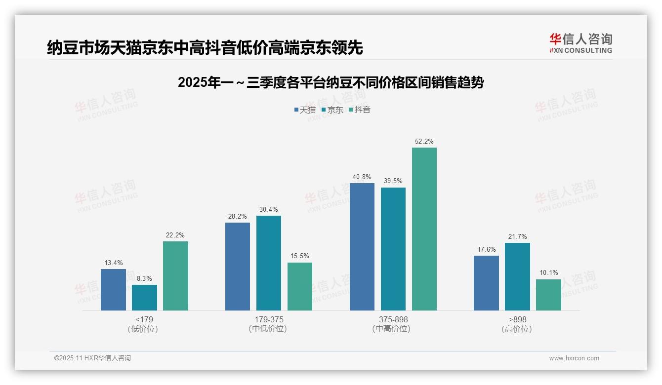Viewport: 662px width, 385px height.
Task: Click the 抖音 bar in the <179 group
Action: (175, 276)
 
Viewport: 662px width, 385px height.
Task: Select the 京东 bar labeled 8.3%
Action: (144, 298)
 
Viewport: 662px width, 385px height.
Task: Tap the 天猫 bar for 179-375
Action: (238, 267)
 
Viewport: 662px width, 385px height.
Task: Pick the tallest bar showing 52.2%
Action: (424, 229)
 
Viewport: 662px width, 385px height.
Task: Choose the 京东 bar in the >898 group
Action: (517, 276)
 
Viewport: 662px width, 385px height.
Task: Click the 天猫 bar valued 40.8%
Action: (362, 247)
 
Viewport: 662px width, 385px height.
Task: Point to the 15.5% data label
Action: (300, 256)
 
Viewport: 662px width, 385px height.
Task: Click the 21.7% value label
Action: (517, 237)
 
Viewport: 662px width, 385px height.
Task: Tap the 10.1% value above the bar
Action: (548, 273)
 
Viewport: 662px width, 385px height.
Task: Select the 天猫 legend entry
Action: (305, 110)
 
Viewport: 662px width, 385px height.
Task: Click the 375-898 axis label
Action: (393, 319)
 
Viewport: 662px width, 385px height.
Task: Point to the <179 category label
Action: (144, 319)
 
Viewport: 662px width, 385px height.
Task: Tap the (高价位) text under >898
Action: (517, 329)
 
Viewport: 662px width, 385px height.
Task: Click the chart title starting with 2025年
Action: (331, 82)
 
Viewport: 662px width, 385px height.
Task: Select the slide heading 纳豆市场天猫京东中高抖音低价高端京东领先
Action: (205, 47)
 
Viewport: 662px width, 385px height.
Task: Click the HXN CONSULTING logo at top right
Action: (580, 43)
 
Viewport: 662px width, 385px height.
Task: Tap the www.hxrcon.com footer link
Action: (574, 358)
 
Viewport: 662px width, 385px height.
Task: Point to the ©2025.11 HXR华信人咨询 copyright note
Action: (92, 358)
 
